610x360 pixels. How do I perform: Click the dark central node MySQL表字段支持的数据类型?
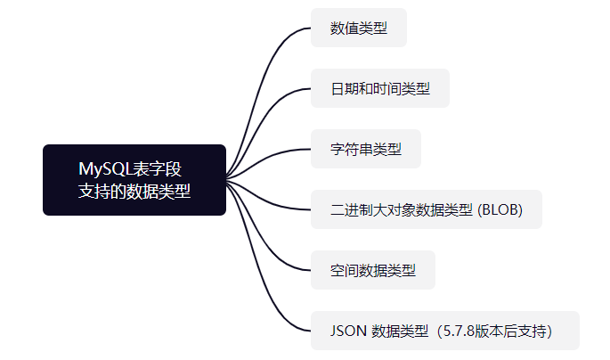click(x=134, y=180)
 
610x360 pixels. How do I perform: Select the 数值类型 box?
click(x=358, y=28)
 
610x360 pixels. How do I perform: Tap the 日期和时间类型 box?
click(x=379, y=88)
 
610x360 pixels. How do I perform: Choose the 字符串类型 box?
click(x=365, y=149)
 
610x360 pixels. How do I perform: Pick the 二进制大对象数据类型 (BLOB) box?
click(x=426, y=209)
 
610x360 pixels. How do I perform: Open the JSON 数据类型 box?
click(x=444, y=331)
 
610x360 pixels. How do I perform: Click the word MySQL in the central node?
click(x=104, y=168)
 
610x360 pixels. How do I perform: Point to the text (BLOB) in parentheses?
click(x=500, y=209)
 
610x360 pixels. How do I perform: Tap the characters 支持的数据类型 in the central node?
click(x=134, y=191)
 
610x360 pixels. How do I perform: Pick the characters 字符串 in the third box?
click(x=351, y=149)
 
